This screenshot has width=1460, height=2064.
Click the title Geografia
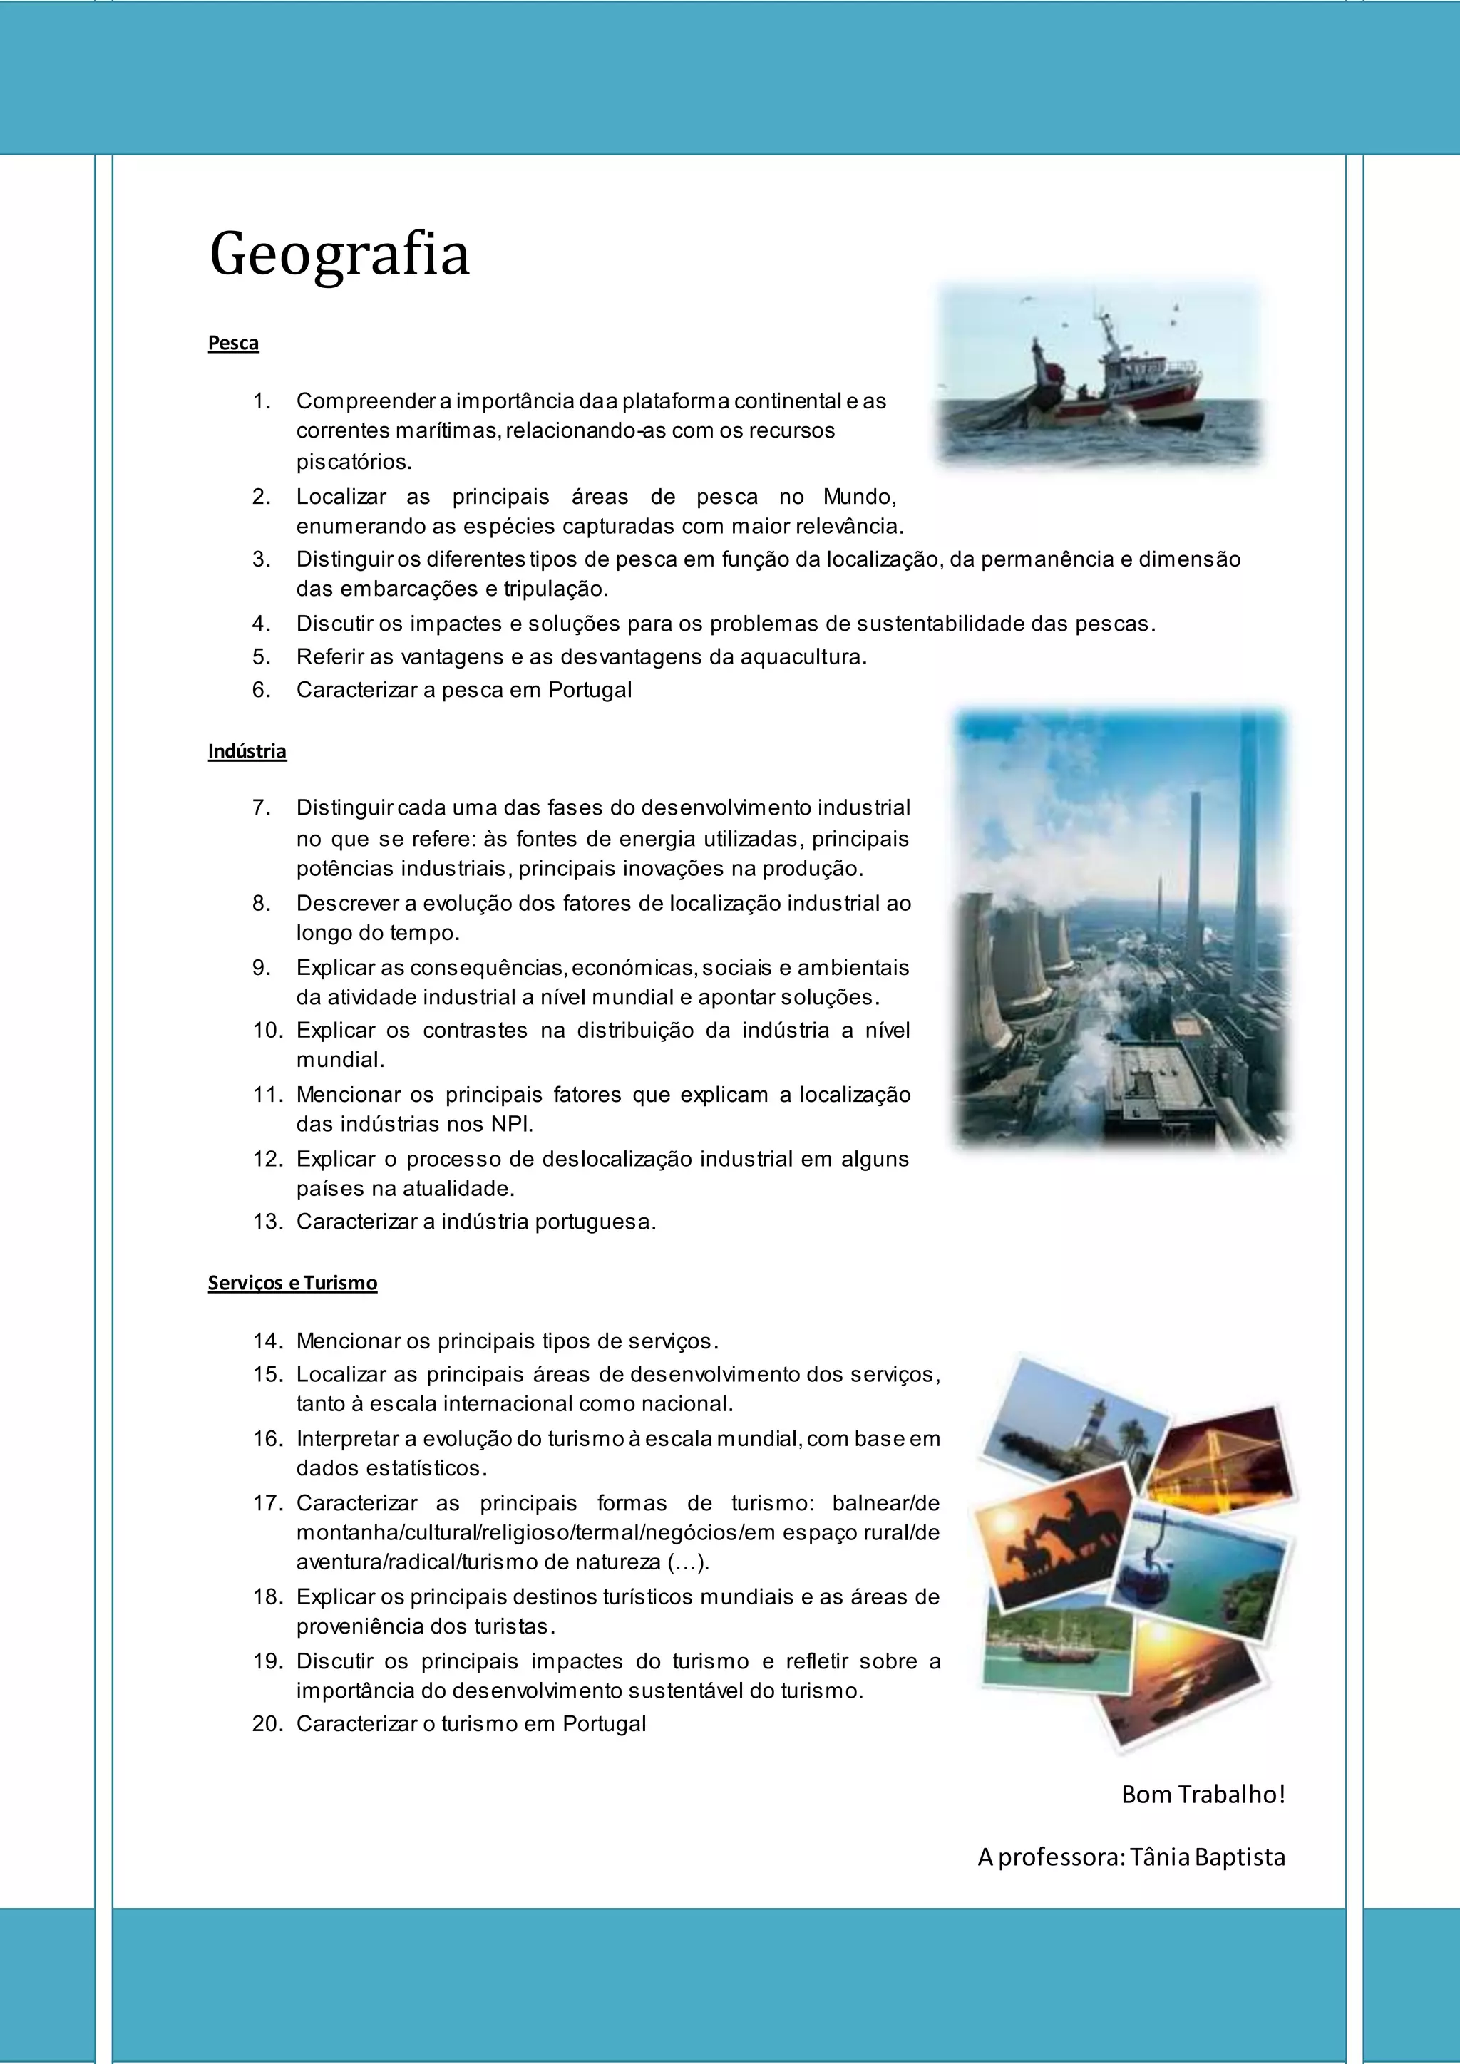pyautogui.click(x=339, y=254)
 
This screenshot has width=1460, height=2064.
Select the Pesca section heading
pyautogui.click(x=233, y=344)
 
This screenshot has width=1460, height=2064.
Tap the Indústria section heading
pyautogui.click(x=247, y=751)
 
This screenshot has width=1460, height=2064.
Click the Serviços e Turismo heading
pyautogui.click(x=292, y=1283)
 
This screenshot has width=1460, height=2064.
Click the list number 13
pyautogui.click(x=268, y=1222)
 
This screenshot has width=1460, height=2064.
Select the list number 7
pyautogui.click(x=262, y=807)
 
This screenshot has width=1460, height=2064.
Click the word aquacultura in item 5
pyautogui.click(x=803, y=656)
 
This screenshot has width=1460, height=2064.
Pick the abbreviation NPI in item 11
pyautogui.click(x=512, y=1124)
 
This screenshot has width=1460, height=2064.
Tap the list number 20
pyautogui.click(x=268, y=1723)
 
